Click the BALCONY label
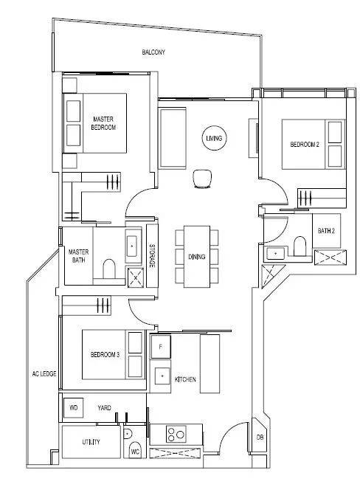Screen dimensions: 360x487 tap(153, 52)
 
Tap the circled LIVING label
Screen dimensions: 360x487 tap(214, 138)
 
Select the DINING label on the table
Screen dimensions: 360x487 tap(197, 257)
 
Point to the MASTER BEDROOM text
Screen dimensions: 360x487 tap(104, 123)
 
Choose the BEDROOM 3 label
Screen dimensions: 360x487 tap(105, 355)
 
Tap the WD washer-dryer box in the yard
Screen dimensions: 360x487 tap(73, 408)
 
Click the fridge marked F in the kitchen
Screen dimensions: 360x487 tap(161, 347)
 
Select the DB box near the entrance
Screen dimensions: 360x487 tap(260, 437)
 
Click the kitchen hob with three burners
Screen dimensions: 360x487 tap(176, 434)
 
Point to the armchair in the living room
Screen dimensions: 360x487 tap(203, 179)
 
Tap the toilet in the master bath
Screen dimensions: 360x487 tap(109, 269)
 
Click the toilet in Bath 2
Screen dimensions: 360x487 tap(300, 246)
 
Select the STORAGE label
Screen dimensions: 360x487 tap(152, 256)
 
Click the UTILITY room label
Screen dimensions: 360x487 tap(91, 442)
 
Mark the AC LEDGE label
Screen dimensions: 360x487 tap(44, 373)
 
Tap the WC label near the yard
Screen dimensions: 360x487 tap(135, 452)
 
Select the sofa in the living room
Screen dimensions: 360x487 tap(173, 138)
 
